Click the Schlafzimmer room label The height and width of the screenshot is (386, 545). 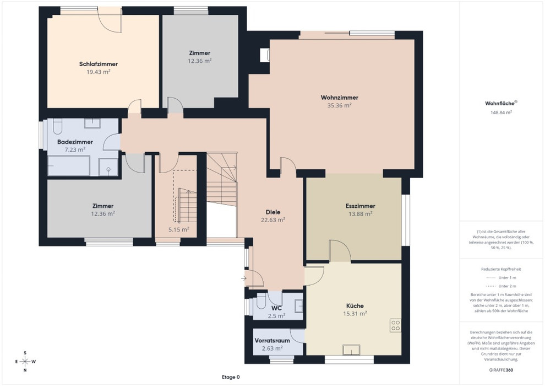(x=99, y=64)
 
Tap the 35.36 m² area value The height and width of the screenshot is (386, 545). (x=339, y=105)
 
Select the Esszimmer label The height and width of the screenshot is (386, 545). (x=361, y=206)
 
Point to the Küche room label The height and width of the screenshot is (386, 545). (x=355, y=305)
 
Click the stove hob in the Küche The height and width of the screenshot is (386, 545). (x=396, y=325)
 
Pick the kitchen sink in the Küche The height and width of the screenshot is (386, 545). (x=351, y=350)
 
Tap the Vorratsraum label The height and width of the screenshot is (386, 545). (x=272, y=340)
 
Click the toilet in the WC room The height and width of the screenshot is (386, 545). (x=261, y=301)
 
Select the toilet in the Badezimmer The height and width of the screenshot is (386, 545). (x=57, y=126)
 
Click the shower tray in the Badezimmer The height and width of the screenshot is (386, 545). (x=108, y=167)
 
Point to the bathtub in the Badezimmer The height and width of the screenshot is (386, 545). (x=69, y=165)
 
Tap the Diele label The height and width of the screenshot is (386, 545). (x=273, y=212)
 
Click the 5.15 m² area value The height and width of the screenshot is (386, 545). (x=179, y=230)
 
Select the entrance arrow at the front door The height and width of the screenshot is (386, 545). (x=244, y=278)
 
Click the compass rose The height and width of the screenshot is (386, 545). (x=25, y=361)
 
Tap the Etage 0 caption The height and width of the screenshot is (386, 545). (x=231, y=377)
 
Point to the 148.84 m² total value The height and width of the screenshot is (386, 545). (x=501, y=112)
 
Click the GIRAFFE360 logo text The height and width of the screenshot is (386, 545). (x=501, y=370)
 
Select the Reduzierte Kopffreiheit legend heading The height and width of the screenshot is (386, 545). (x=501, y=269)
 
